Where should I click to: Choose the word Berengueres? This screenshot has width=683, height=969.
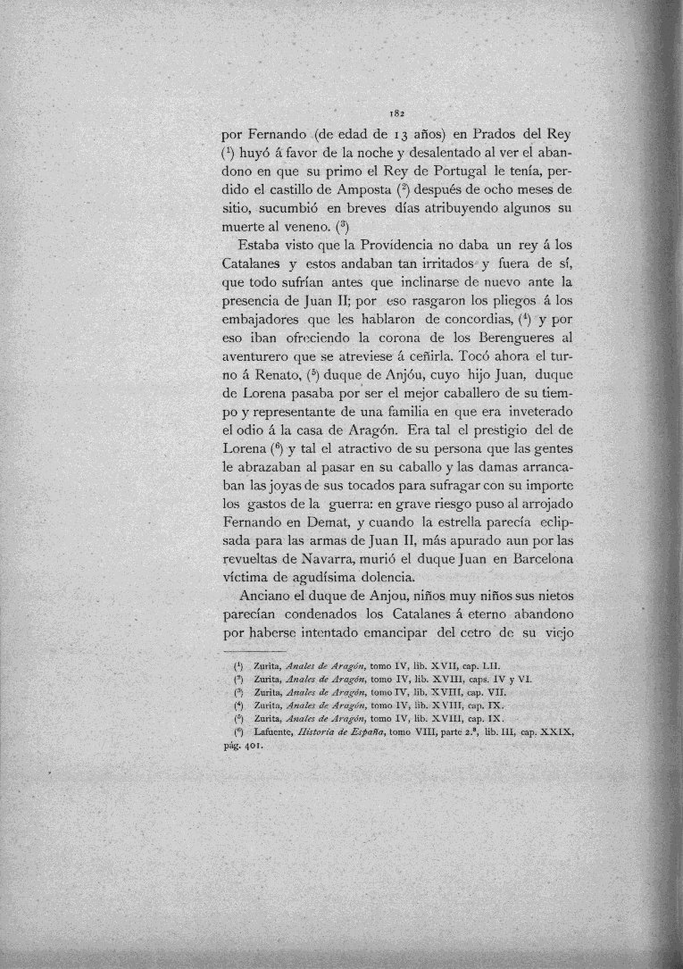520,339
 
